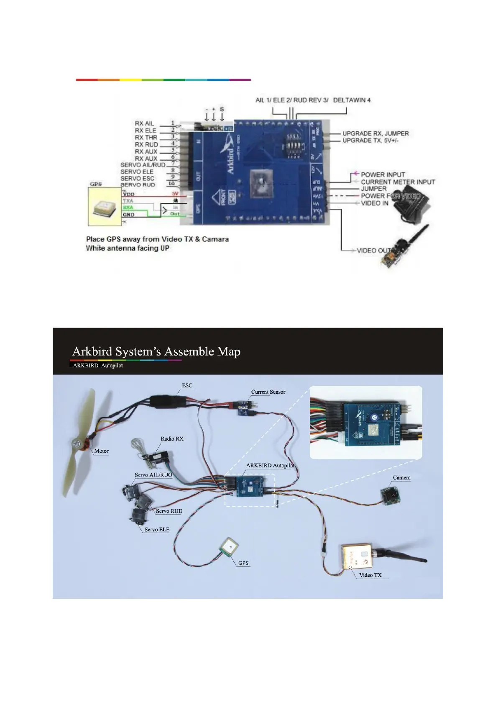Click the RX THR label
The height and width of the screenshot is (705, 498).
pos(146,137)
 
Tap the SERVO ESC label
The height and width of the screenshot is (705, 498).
pos(137,178)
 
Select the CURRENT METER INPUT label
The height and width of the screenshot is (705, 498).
pos(398,182)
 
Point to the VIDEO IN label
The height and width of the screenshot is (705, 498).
pos(374,203)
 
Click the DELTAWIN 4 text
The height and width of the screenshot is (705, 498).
pos(352,100)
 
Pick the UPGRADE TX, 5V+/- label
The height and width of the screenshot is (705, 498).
pos(370,141)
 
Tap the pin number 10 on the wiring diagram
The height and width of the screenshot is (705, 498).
pos(171,184)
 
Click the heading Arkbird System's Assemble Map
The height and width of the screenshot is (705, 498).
pos(156,351)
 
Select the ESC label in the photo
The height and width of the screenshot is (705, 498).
pos(187,385)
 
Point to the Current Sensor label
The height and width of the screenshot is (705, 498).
pos(268,392)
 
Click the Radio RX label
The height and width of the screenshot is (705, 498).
pos(172,438)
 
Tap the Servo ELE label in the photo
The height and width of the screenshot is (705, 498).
pos(157,529)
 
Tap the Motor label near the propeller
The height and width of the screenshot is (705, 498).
pos(101,451)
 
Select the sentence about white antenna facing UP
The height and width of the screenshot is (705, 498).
pos(128,248)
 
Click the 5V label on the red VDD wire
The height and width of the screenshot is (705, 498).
pos(175,194)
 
